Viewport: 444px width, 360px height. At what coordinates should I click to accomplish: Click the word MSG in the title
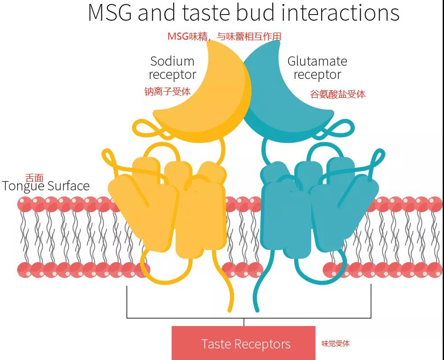pyautogui.click(x=110, y=12)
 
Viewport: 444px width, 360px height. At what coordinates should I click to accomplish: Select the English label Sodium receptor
pyautogui.click(x=172, y=68)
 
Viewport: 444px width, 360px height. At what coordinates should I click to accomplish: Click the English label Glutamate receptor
pyautogui.click(x=317, y=68)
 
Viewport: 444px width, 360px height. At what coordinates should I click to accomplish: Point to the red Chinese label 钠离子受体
pyautogui.click(x=168, y=92)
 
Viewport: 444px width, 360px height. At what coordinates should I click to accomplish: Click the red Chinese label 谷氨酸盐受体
pyautogui.click(x=338, y=94)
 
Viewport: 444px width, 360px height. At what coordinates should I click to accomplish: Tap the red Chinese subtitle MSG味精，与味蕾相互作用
pyautogui.click(x=224, y=36)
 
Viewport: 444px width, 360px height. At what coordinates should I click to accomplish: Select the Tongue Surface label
pyautogui.click(x=46, y=186)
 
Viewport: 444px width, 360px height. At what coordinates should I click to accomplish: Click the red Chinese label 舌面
pyautogui.click(x=34, y=178)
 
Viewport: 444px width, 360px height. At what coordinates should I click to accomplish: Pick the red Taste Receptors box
pyautogui.click(x=244, y=343)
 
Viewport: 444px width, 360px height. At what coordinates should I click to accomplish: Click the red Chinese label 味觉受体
pyautogui.click(x=336, y=344)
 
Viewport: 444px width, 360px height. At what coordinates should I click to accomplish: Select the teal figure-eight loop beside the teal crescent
pyautogui.click(x=338, y=129)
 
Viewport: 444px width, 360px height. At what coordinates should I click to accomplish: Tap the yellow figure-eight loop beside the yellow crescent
pyautogui.click(x=149, y=129)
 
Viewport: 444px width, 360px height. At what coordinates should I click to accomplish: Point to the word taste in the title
pyautogui.click(x=206, y=13)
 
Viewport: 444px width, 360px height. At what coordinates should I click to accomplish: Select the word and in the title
pyautogui.click(x=157, y=12)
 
